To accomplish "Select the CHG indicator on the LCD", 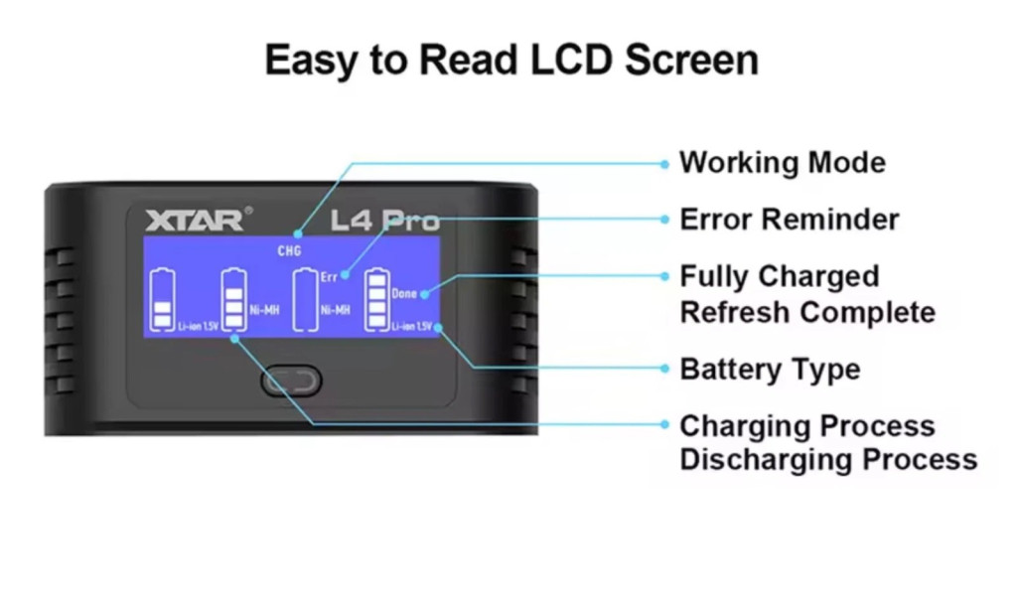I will click(289, 251).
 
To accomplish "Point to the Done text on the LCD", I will click(404, 293).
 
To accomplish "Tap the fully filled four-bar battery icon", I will click(376, 301).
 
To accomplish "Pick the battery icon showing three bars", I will click(233, 301).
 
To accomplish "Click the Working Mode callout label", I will click(782, 163).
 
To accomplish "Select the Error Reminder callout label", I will click(789, 220).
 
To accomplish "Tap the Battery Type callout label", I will click(770, 370).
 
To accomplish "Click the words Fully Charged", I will click(779, 276).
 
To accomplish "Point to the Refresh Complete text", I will click(806, 312).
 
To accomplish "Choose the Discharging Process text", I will click(828, 460).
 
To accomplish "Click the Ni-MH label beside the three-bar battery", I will click(265, 309).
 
